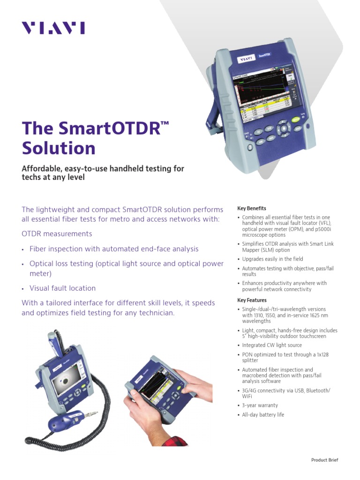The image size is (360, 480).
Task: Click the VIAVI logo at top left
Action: point(53,29)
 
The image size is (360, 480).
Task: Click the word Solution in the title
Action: point(59,148)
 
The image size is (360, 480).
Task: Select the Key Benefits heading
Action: point(252,208)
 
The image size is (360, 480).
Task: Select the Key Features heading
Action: point(252,300)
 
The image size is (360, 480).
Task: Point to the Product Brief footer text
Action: point(324,460)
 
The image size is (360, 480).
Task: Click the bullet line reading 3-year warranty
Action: point(260,405)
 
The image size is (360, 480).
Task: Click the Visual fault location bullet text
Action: point(62,288)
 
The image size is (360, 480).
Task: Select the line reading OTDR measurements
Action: point(57,233)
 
